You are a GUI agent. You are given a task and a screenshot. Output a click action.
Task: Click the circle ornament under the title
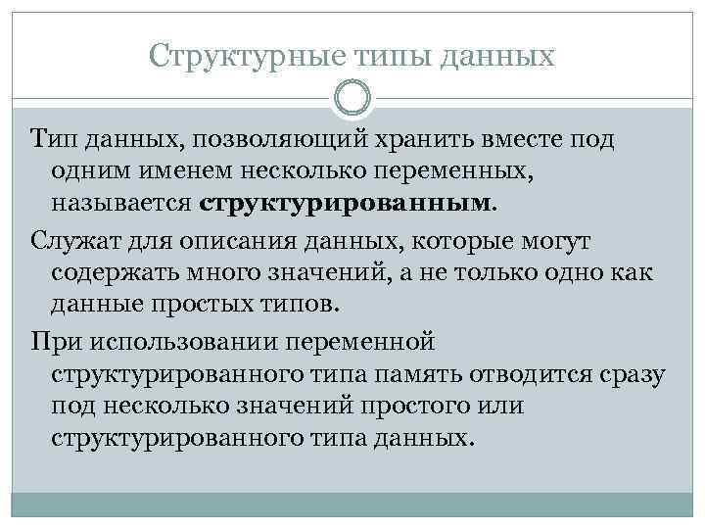click(352, 98)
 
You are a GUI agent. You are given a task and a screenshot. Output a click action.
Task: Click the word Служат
click(68, 240)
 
